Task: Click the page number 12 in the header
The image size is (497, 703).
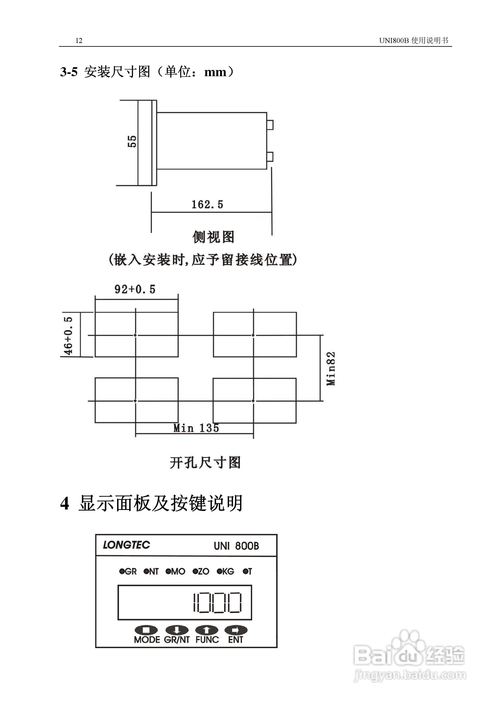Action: (79, 41)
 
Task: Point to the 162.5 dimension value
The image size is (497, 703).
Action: (207, 205)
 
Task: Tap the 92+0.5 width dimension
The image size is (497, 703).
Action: (135, 289)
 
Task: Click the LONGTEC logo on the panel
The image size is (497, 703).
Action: (126, 545)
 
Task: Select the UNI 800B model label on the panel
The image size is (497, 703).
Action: (236, 546)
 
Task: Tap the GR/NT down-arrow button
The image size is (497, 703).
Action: (177, 630)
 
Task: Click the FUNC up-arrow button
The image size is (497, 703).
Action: (207, 630)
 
